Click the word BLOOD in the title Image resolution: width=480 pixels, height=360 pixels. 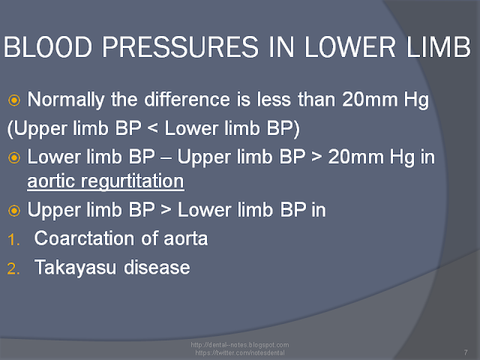48,46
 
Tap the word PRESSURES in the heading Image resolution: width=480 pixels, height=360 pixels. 180,46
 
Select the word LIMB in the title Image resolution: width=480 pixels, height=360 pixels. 438,46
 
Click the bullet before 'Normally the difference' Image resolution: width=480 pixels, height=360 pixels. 14,100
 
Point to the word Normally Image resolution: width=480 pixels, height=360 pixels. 66,100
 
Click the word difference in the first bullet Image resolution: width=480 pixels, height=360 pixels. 187,100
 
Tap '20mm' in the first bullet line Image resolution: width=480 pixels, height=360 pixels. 370,100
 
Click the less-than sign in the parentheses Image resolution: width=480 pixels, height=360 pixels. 153,128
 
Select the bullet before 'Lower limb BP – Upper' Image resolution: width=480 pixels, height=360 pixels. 14,157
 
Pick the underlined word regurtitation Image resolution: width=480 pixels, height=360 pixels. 132,181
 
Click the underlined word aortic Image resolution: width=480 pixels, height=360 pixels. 51,181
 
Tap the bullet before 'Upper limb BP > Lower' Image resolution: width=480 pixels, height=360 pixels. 14,211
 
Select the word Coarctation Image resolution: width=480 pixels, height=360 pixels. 84,238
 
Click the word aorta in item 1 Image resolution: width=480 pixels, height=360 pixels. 186,238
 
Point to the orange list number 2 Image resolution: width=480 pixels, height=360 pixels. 13,268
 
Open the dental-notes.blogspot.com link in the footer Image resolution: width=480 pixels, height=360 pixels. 240,345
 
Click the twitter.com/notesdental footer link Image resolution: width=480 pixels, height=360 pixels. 240,352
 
